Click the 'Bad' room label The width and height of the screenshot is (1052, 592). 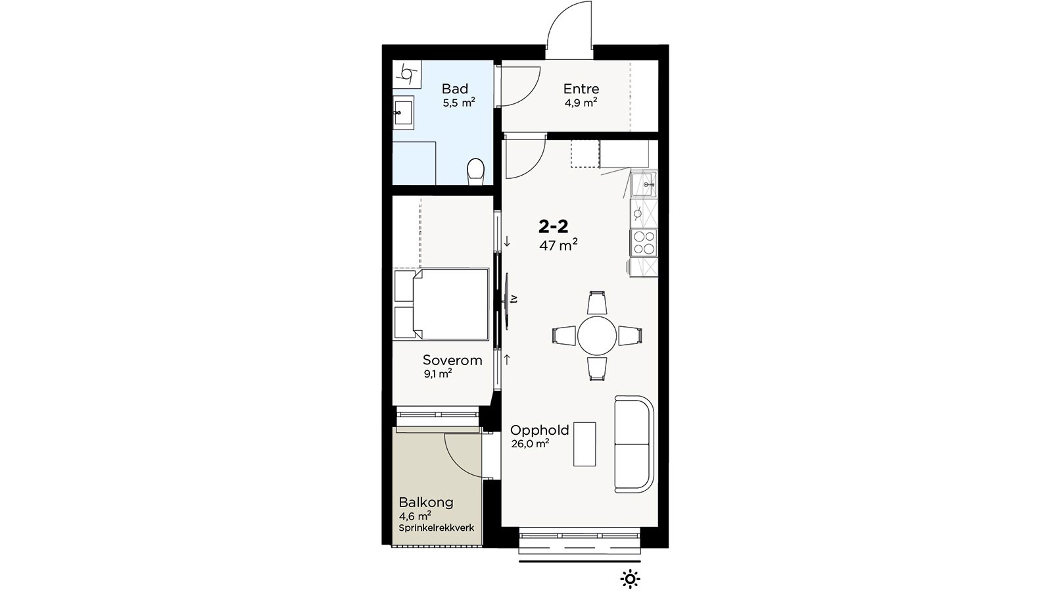[454, 88]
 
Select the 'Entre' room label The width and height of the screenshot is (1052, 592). [581, 88]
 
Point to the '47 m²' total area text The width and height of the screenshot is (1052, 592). [558, 244]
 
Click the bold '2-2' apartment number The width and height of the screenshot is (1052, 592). [553, 227]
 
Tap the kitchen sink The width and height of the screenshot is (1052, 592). [644, 184]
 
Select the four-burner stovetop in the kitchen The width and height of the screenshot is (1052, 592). [644, 243]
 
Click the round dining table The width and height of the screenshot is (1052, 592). [597, 336]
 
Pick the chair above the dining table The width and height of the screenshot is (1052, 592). [597, 303]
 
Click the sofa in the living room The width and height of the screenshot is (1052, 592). [634, 444]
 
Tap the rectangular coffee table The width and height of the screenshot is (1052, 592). [585, 444]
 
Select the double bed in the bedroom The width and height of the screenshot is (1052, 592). [441, 304]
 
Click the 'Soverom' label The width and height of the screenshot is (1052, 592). [452, 360]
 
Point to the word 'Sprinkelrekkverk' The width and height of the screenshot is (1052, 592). [437, 528]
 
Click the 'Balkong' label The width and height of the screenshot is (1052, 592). [426, 503]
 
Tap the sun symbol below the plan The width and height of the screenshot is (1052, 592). [630, 579]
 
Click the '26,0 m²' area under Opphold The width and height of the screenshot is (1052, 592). [530, 443]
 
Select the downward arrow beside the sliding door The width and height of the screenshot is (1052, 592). [507, 242]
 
